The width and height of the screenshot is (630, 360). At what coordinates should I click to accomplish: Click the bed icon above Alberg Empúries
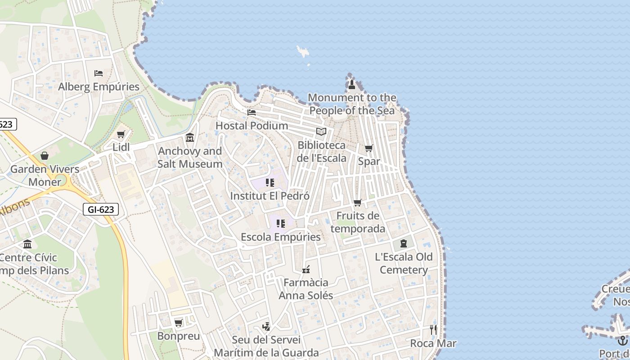pyautogui.click(x=99, y=73)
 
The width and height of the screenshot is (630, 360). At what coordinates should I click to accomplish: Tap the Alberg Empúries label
pyautogui.click(x=99, y=86)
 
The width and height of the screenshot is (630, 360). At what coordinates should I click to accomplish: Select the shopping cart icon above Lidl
pyautogui.click(x=121, y=134)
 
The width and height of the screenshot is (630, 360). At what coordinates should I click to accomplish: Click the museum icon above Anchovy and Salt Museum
pyautogui.click(x=190, y=137)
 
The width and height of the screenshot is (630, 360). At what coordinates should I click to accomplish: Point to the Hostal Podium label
pyautogui.click(x=252, y=126)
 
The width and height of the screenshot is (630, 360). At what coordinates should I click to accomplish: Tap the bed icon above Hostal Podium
pyautogui.click(x=252, y=112)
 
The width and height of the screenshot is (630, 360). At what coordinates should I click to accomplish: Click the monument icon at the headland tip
pyautogui.click(x=352, y=84)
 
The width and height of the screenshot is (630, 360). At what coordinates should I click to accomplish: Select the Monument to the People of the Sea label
pyautogui.click(x=352, y=104)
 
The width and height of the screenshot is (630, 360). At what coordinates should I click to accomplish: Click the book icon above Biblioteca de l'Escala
pyautogui.click(x=321, y=131)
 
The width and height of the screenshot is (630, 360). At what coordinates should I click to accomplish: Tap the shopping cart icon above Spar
pyautogui.click(x=369, y=148)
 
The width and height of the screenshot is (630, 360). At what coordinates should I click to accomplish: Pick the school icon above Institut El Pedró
pyautogui.click(x=270, y=182)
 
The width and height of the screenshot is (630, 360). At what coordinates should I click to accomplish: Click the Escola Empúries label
pyautogui.click(x=281, y=237)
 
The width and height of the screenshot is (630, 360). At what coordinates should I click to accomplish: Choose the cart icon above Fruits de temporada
pyautogui.click(x=358, y=202)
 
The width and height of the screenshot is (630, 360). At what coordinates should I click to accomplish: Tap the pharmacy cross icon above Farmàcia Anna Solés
pyautogui.click(x=306, y=270)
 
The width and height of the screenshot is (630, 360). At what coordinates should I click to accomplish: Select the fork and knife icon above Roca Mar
pyautogui.click(x=433, y=330)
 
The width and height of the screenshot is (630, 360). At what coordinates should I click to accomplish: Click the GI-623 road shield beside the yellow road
pyautogui.click(x=101, y=209)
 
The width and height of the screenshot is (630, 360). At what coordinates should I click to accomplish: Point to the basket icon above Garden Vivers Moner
pyautogui.click(x=45, y=156)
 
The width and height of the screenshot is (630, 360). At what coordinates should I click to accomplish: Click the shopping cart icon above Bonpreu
pyautogui.click(x=179, y=323)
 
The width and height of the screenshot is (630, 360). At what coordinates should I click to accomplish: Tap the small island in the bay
pyautogui.click(x=303, y=51)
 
